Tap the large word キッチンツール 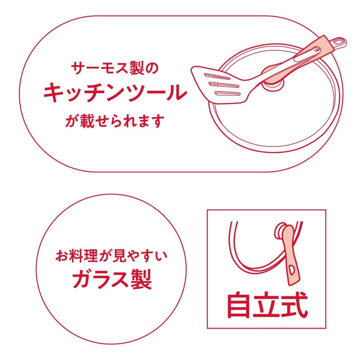(x=115, y=93)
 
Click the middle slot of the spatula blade (x=224, y=85)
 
